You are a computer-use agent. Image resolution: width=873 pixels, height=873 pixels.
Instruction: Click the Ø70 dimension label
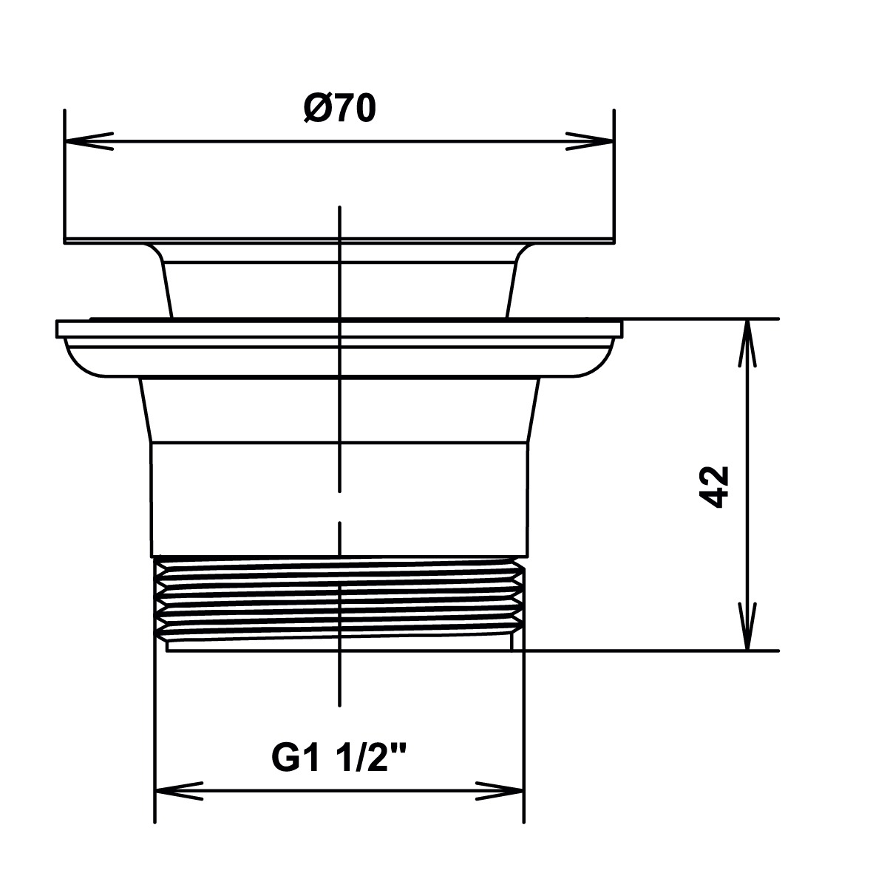[x=340, y=109]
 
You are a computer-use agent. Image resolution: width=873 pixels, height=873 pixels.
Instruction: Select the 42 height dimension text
[x=714, y=487]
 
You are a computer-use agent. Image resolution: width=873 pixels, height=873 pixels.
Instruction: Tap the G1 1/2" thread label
[x=339, y=758]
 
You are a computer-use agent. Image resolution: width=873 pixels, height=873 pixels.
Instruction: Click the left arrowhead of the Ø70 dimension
[x=89, y=141]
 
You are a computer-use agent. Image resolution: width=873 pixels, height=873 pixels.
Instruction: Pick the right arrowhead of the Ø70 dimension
[x=590, y=141]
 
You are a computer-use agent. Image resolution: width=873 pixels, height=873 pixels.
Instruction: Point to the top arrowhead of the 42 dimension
[x=748, y=344]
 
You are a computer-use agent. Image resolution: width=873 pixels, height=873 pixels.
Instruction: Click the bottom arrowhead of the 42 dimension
[x=748, y=626]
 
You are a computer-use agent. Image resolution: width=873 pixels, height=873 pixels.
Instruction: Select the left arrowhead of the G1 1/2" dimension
[x=179, y=791]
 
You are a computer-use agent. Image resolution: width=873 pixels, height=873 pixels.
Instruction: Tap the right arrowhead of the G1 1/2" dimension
[x=500, y=791]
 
